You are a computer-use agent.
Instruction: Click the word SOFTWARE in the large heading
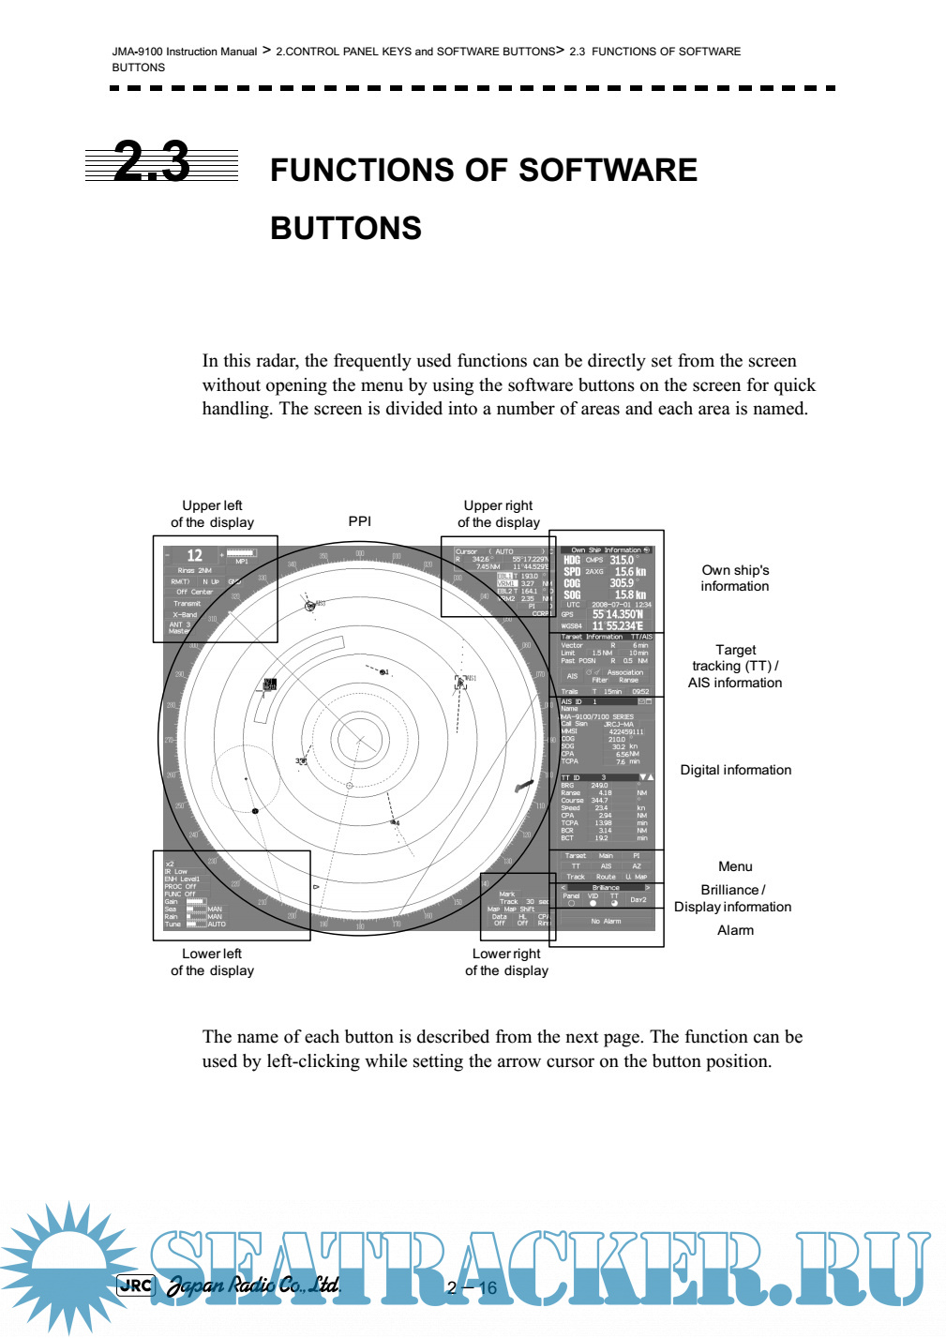pos(608,170)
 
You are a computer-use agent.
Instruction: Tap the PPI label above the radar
pos(360,521)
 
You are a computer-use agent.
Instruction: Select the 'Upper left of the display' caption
pos(212,514)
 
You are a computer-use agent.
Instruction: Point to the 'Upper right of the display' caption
pos(498,514)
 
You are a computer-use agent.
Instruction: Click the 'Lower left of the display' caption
pos(212,962)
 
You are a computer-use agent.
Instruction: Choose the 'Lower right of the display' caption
pos(506,962)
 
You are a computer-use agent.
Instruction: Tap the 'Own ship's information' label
pos(735,578)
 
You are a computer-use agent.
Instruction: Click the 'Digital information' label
pos(735,770)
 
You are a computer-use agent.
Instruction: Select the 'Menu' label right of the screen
pos(735,866)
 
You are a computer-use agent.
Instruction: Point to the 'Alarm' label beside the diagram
pos(735,930)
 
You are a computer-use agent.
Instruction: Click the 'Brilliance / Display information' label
pos(732,898)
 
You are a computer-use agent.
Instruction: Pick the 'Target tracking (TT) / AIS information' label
pos(735,666)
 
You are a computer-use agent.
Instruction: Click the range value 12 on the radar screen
pos(195,555)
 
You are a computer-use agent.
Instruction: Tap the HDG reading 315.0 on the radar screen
pos(622,560)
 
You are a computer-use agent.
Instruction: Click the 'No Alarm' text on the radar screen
pos(606,921)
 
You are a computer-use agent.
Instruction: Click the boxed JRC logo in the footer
pos(136,1285)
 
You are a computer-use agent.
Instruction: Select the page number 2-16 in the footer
pos(473,1287)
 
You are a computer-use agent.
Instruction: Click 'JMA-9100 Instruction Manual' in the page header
pos(185,52)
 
